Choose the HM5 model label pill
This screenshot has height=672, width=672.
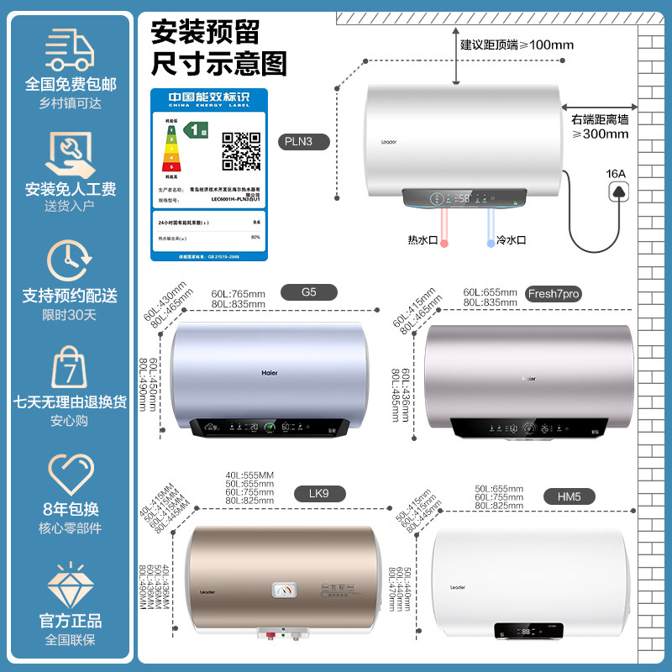tap(569, 496)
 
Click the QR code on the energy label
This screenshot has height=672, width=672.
tap(241, 151)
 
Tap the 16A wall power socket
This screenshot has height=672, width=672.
tap(619, 193)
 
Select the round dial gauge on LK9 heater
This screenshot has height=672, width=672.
tap(283, 591)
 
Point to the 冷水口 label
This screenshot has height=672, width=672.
tap(511, 239)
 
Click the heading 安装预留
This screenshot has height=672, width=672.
tap(205, 32)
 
